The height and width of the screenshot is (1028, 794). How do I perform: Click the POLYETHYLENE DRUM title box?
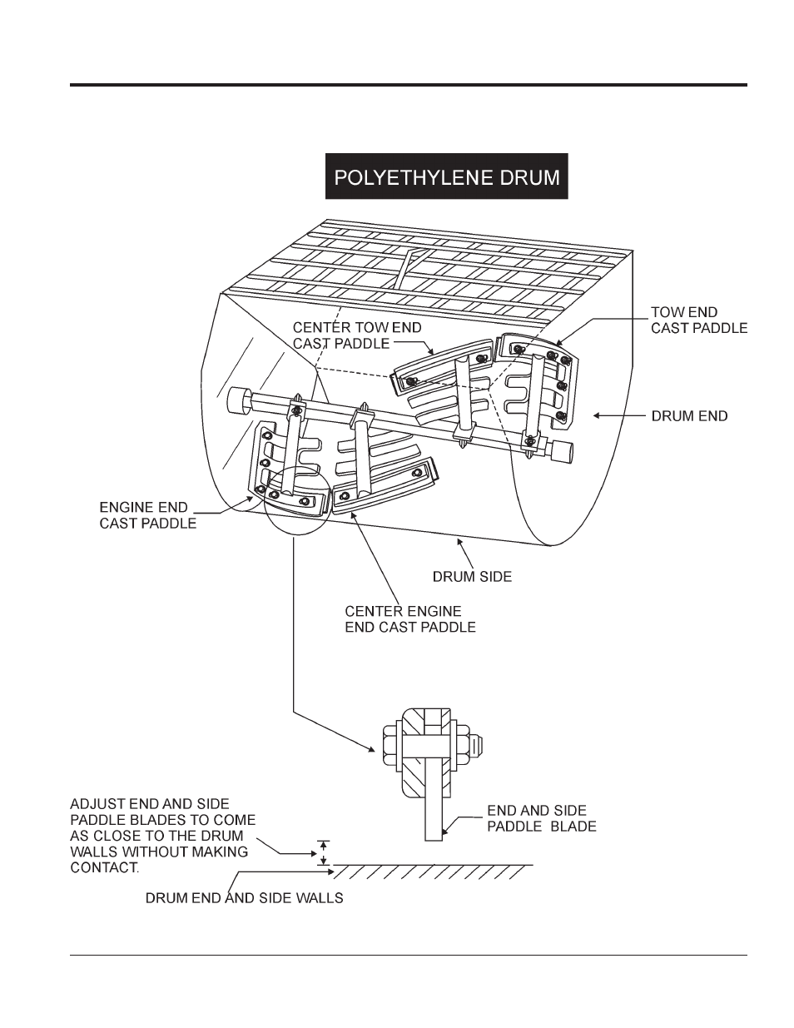click(x=446, y=176)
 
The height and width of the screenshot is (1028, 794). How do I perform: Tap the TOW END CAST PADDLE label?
click(x=699, y=320)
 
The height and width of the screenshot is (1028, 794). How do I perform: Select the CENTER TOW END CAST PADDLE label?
click(x=357, y=335)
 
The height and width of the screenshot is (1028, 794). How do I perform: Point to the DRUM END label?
click(x=689, y=416)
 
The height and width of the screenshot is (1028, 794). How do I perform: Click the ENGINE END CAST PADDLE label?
click(x=147, y=515)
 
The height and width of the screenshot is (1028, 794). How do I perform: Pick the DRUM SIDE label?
click(x=473, y=577)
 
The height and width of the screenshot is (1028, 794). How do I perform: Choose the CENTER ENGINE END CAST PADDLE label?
click(x=410, y=618)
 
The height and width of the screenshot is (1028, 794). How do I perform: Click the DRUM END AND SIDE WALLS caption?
click(x=244, y=898)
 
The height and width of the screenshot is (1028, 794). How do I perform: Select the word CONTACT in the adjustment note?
click(x=105, y=867)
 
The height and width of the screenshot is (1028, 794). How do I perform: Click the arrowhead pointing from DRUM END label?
click(x=597, y=415)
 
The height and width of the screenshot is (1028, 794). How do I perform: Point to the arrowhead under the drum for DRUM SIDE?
click(x=459, y=542)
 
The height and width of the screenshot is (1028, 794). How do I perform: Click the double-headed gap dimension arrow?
click(x=323, y=853)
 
